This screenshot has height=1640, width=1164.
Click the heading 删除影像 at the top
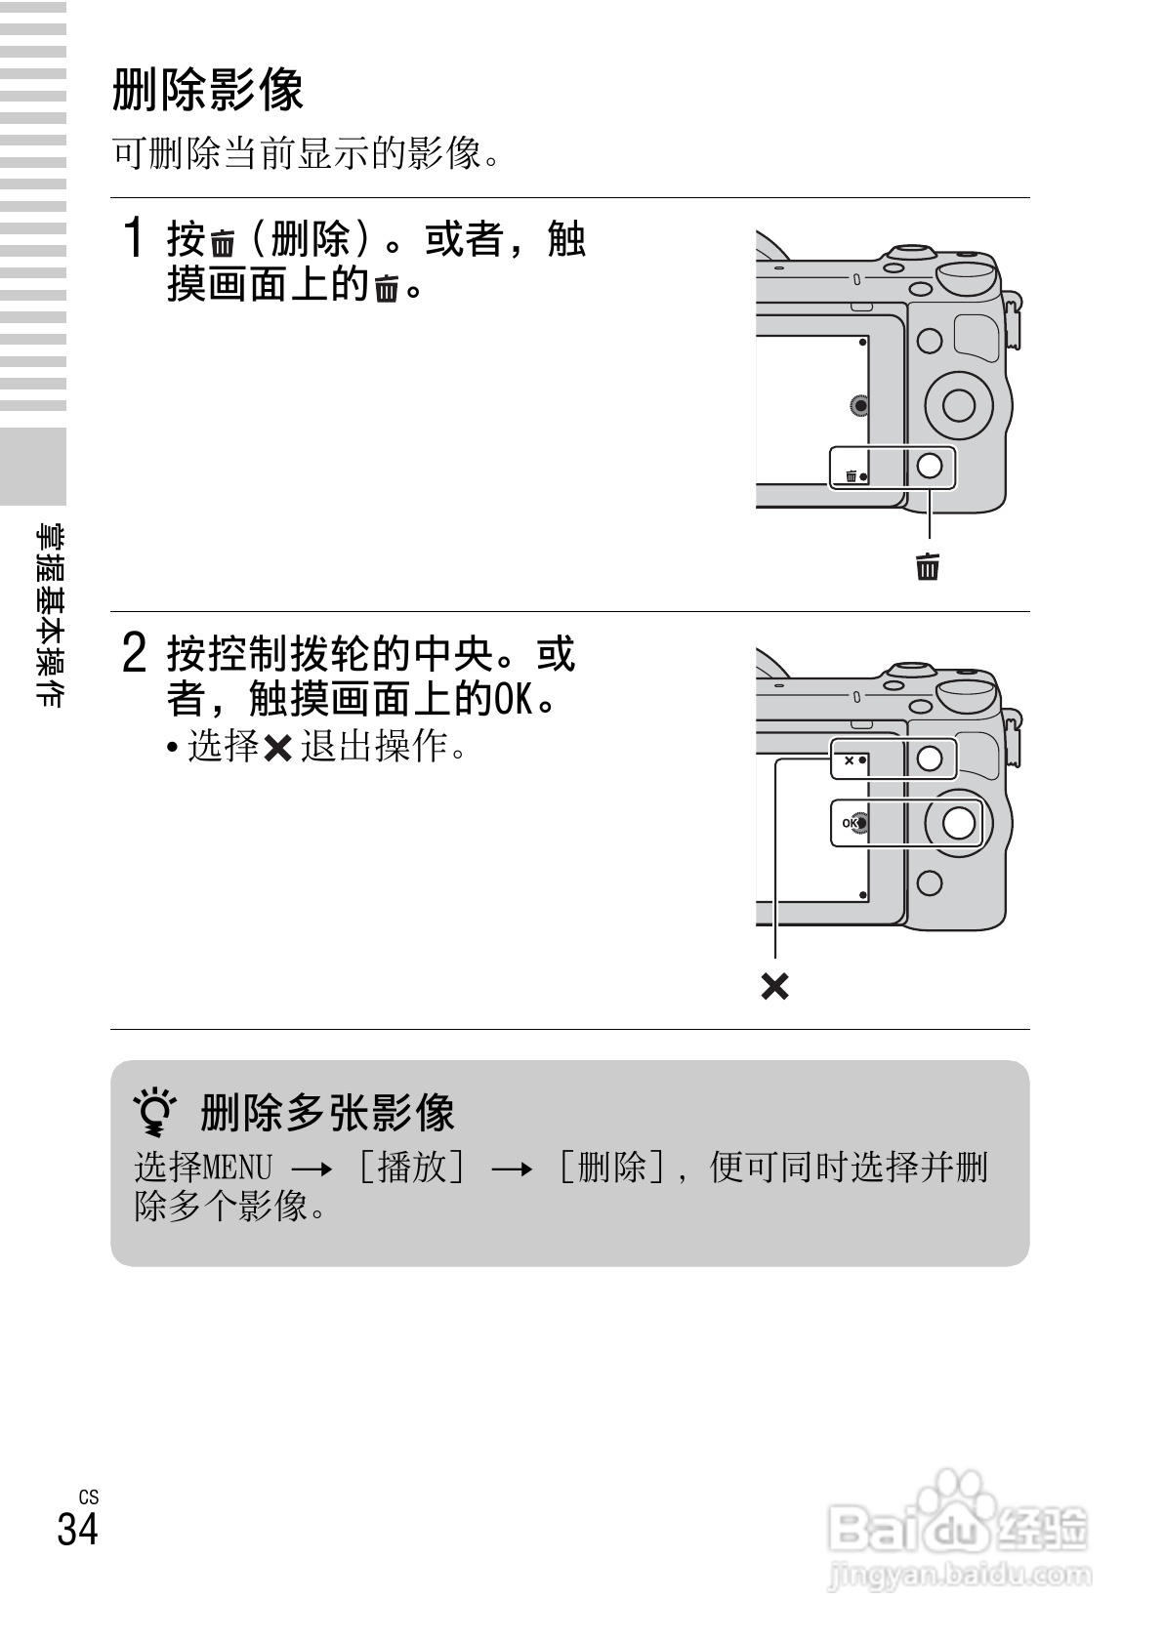[x=208, y=90]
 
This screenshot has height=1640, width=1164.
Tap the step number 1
[x=133, y=237]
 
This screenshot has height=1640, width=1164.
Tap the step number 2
[x=134, y=652]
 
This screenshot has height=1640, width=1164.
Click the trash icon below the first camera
[x=928, y=566]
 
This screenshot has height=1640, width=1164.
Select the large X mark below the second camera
[x=774, y=986]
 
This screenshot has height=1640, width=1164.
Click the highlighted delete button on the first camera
[x=930, y=466]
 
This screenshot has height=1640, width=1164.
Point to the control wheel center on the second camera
[x=958, y=822]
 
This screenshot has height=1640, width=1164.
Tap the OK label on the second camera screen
[x=850, y=823]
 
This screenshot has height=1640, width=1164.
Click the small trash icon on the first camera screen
[x=852, y=476]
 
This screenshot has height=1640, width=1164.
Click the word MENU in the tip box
[x=236, y=1168]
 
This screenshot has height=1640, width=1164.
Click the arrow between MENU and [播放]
[x=312, y=1169]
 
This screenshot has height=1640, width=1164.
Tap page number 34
[x=78, y=1529]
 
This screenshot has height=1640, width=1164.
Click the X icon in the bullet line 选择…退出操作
[x=277, y=748]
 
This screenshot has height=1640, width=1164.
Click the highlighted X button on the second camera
[x=930, y=758]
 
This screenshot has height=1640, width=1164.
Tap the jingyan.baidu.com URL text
[x=960, y=1576]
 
